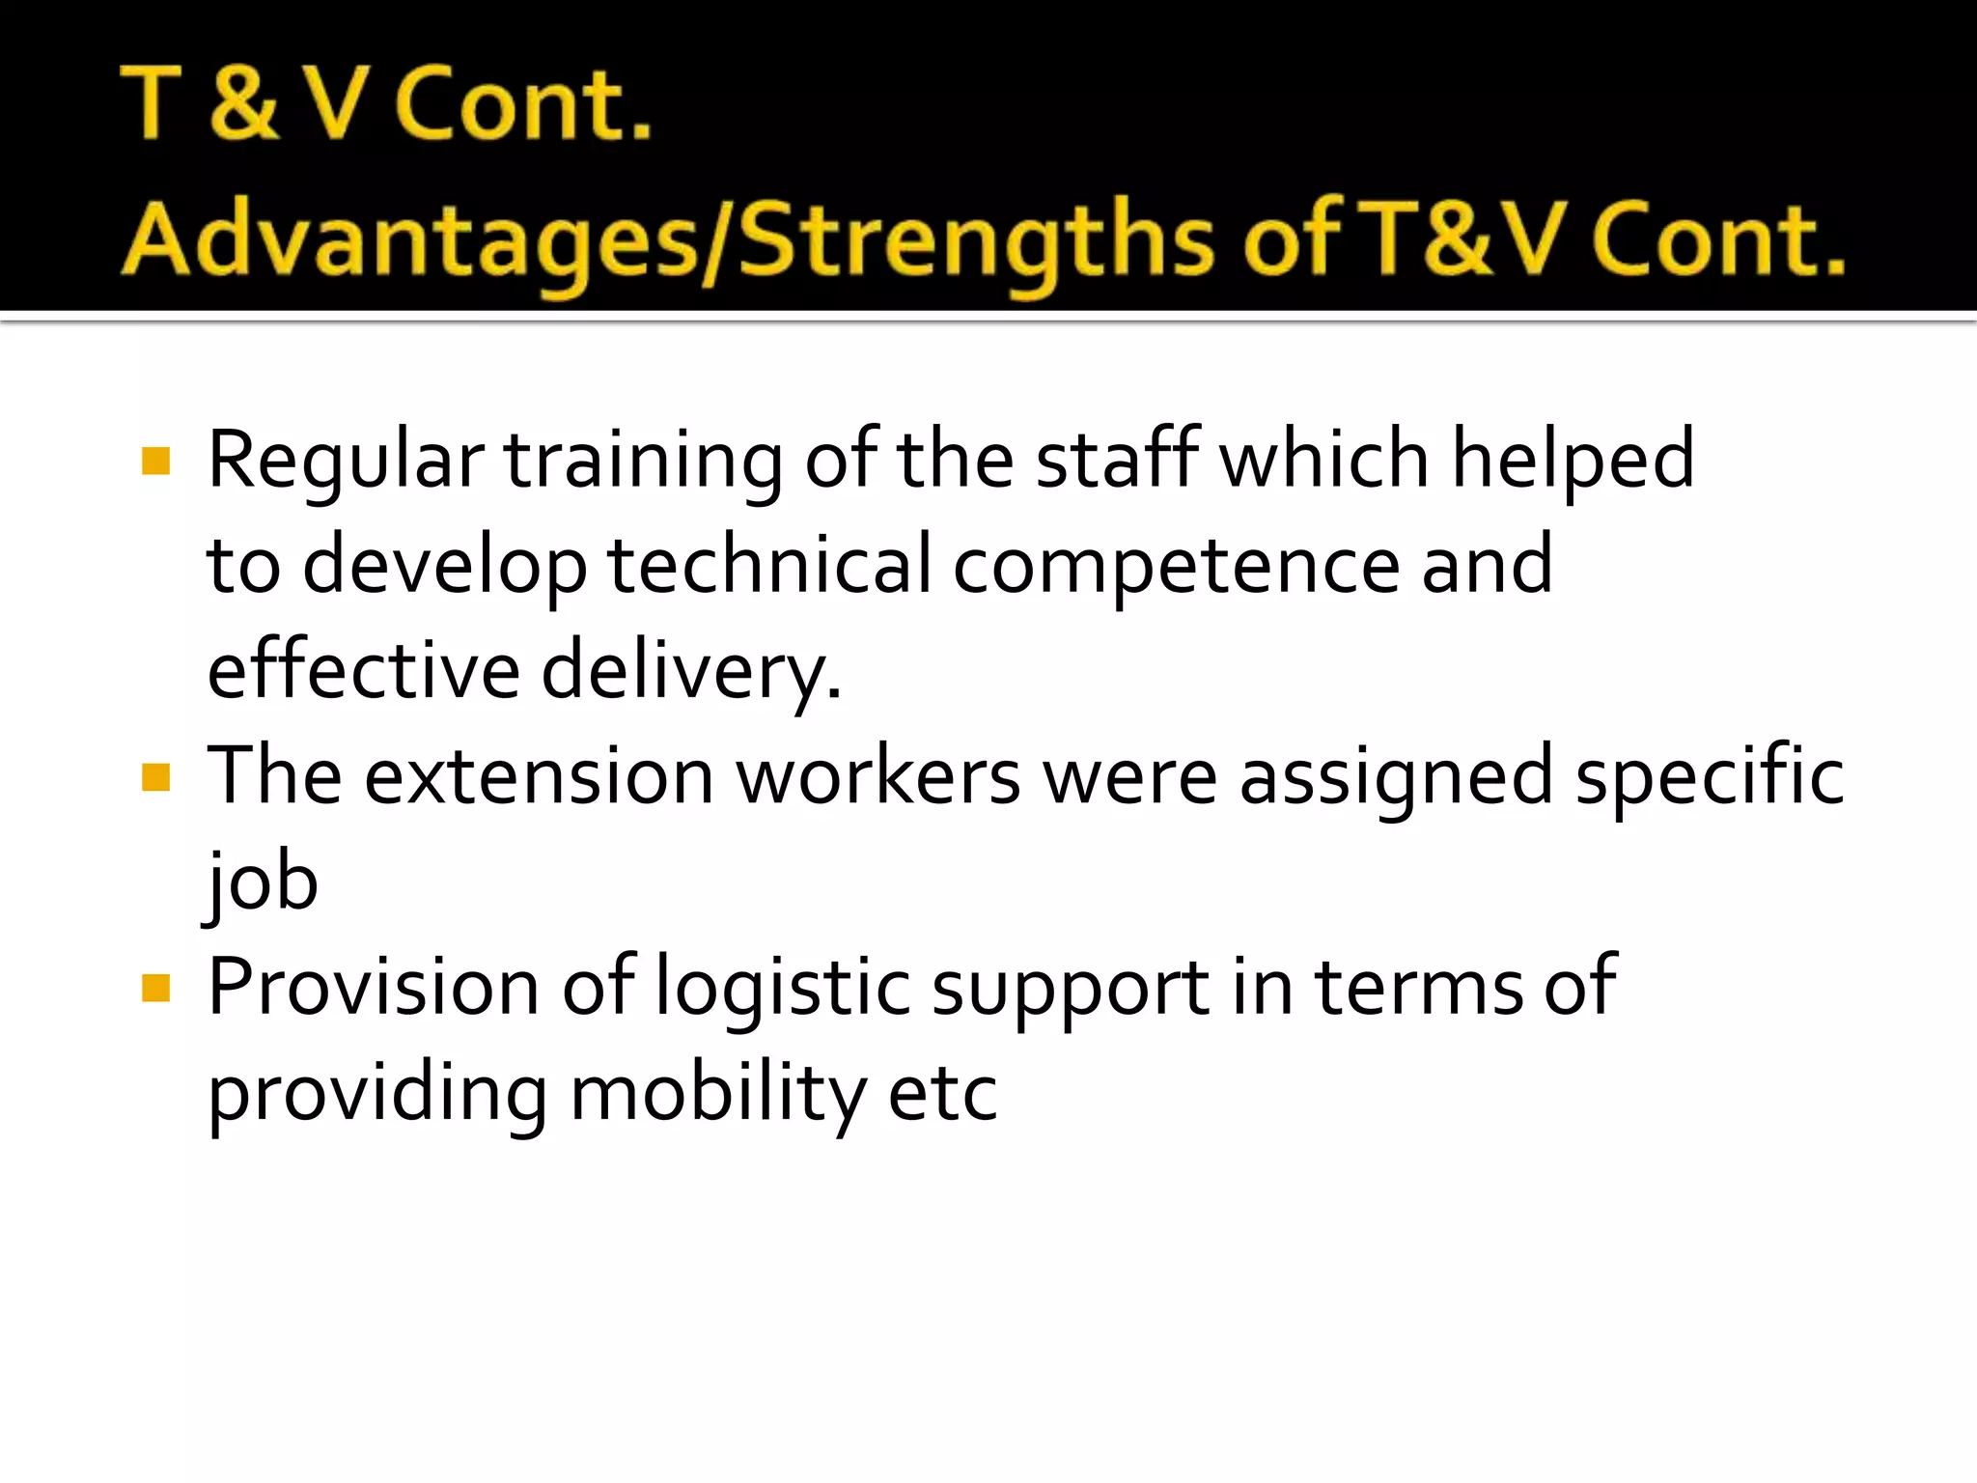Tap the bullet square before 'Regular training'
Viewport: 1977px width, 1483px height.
pos(155,461)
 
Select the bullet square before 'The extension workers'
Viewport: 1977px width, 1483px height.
pos(155,777)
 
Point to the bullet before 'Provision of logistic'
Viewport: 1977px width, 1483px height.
pos(155,988)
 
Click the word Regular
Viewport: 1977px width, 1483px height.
pos(345,461)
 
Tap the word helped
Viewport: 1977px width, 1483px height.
pos(1573,461)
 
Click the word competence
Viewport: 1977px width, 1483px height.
pos(1176,567)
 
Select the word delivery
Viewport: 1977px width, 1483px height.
pos(690,671)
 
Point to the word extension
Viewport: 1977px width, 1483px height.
pos(539,777)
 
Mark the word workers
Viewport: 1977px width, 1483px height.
pos(877,777)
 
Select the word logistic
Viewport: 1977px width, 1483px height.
pos(782,990)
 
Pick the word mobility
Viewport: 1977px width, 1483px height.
pos(718,1096)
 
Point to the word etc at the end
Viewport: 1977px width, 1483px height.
pos(942,1096)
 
